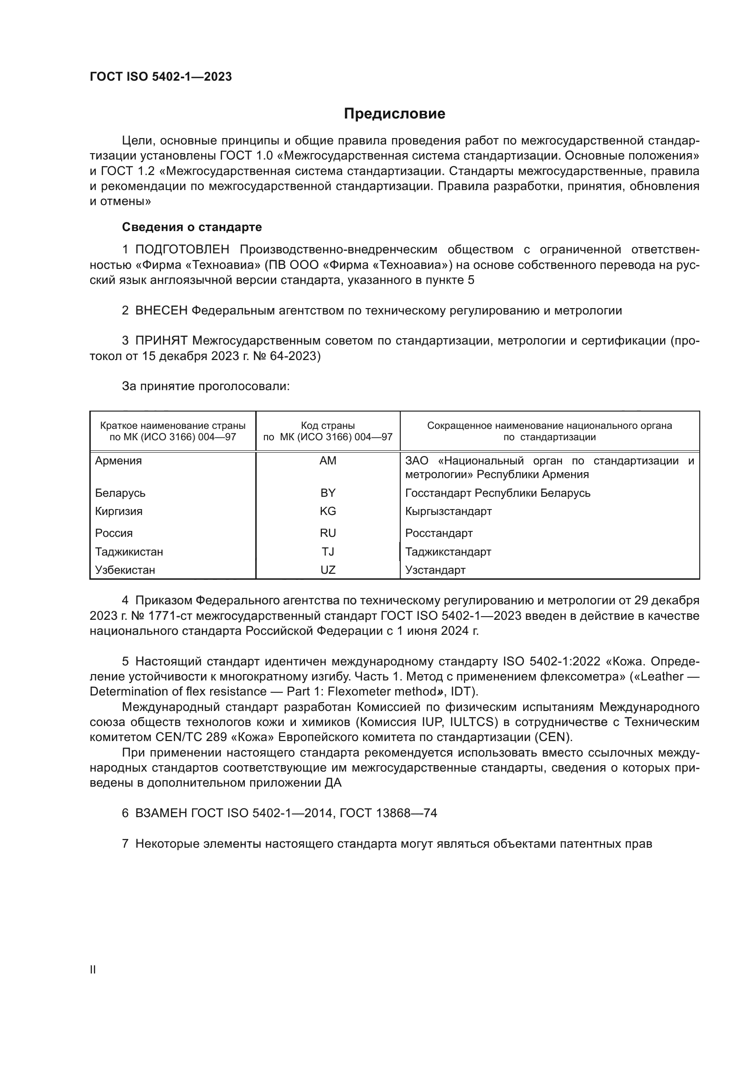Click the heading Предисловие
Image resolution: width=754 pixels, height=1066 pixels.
pos(394,114)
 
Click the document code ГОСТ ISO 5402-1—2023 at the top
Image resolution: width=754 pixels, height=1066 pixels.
pos(160,77)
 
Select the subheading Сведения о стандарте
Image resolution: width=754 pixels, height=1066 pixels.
pos(192,227)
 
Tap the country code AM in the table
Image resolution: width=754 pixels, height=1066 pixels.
pos(328,461)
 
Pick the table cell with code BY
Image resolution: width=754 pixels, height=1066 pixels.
pos(328,493)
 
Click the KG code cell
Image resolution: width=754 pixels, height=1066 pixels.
pos(328,512)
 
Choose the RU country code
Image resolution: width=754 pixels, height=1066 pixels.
pos(328,534)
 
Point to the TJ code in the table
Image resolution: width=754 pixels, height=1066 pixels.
pos(328,552)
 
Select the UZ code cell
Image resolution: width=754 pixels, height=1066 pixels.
pos(328,570)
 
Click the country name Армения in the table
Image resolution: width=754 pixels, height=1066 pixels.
pos(119,461)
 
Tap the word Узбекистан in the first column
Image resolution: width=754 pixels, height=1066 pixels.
pos(125,570)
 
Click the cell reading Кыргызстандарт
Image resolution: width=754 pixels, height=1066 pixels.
pos(448,512)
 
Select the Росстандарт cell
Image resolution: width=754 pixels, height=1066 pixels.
pos(439,534)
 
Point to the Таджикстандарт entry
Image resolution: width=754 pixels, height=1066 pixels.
pos(448,552)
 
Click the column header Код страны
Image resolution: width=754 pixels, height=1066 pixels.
pos(328,426)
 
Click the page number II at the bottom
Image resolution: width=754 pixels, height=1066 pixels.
pos(93,970)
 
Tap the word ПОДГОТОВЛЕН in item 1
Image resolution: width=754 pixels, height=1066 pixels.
pos(182,250)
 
